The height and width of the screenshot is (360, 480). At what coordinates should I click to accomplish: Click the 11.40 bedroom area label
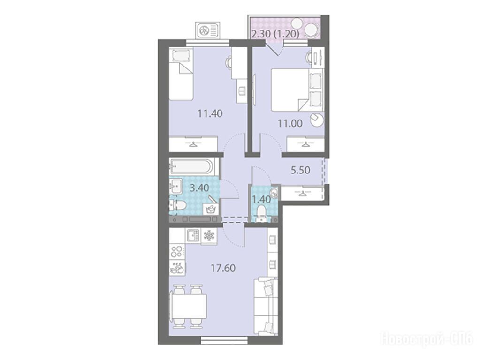tap(210, 114)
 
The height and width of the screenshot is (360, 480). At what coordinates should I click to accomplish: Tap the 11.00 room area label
tap(290, 124)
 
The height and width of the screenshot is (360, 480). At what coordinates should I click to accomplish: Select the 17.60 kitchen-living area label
tap(223, 268)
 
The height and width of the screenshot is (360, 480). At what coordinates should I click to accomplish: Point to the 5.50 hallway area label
tap(300, 170)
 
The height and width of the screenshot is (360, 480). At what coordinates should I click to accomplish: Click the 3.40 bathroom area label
tap(199, 187)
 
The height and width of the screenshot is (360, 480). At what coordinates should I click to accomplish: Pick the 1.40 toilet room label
tap(261, 199)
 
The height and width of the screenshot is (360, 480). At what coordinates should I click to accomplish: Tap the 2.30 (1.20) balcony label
tap(275, 34)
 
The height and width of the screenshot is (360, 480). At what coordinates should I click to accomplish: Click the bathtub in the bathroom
tap(194, 167)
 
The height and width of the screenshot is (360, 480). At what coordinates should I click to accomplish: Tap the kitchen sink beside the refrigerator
tap(193, 236)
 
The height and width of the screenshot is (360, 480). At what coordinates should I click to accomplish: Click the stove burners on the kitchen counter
tap(177, 251)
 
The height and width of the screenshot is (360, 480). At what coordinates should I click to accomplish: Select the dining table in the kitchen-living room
tap(188, 306)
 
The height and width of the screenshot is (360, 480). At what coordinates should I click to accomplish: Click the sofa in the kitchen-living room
tap(266, 307)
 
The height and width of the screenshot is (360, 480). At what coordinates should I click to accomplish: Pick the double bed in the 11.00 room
tap(297, 90)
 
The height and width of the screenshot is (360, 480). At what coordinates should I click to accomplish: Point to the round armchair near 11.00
tap(317, 119)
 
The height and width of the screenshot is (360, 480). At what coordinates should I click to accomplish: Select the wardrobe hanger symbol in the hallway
tap(303, 193)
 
